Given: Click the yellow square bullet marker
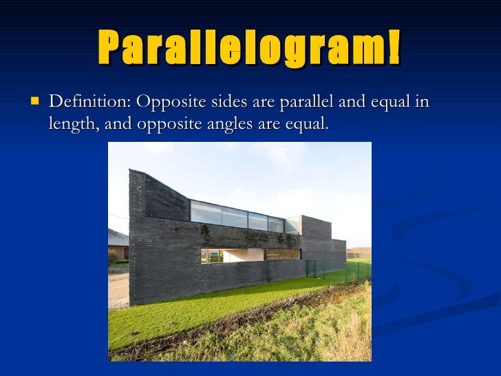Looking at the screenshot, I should [33, 102].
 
